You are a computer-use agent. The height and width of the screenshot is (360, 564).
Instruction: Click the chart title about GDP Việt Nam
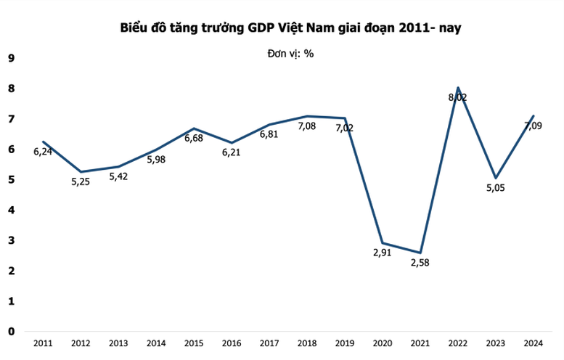[291, 28]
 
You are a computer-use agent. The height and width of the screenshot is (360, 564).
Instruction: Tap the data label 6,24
[44, 152]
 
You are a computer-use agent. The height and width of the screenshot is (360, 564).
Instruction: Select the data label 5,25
[81, 182]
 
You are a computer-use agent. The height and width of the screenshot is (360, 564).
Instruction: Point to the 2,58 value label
[420, 263]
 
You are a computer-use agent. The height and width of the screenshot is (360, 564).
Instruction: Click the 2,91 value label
[382, 254]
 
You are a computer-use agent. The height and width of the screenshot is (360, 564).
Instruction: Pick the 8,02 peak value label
[458, 97]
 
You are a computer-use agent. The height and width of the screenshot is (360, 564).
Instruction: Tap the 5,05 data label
[495, 188]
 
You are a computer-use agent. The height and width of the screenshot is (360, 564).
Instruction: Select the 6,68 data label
[195, 139]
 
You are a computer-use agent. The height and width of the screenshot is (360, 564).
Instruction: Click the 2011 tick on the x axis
[43, 343]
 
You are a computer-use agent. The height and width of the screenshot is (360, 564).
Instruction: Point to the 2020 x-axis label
[382, 343]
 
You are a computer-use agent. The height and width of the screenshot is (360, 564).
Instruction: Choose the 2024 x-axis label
[533, 343]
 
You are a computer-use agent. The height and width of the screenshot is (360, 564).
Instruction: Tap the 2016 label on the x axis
[232, 343]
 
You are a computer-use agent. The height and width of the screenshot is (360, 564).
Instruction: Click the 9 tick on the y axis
[11, 58]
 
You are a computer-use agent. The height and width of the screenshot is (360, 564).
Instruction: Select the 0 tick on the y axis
[11, 332]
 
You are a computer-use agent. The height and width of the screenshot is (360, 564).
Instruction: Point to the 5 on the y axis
[11, 179]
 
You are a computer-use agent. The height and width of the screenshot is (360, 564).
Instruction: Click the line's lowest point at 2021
[420, 253]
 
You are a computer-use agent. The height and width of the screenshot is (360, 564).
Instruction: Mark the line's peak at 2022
[457, 88]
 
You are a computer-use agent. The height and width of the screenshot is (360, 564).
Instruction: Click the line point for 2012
[81, 172]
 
